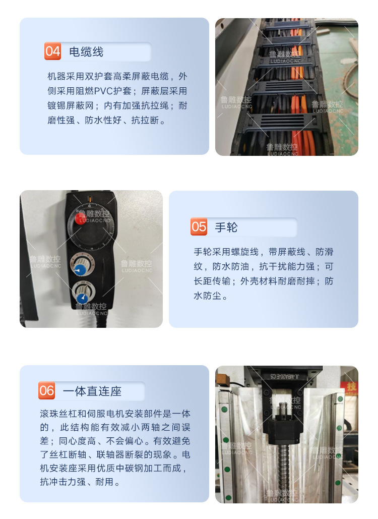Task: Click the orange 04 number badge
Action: coord(52,51)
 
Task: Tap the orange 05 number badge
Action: coord(199,227)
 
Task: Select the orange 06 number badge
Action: coord(46,391)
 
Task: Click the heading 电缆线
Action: coord(86,51)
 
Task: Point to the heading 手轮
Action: coord(226,227)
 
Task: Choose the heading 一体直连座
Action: coord(92,391)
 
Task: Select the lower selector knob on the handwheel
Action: coord(82,291)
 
